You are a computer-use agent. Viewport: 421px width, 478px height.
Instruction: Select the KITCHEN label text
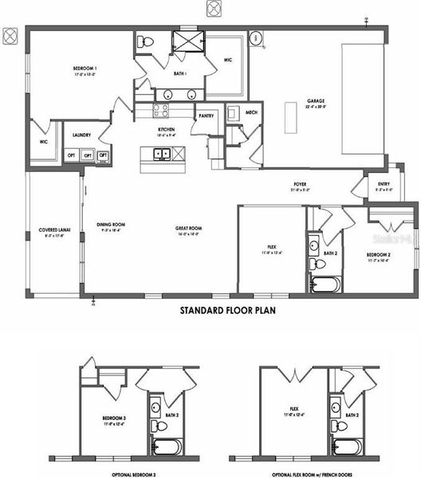[166, 130]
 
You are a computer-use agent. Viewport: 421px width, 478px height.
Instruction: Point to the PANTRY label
[206, 115]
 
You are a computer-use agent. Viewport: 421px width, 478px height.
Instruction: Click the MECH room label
[250, 112]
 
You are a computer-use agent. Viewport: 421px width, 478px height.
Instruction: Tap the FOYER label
[300, 185]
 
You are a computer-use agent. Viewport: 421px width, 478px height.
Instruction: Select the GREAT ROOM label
[187, 229]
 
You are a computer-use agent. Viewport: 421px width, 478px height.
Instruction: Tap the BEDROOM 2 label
[378, 254]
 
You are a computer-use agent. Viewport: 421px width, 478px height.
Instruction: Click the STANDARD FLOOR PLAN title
[226, 312]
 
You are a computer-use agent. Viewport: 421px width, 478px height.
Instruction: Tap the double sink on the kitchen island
[162, 154]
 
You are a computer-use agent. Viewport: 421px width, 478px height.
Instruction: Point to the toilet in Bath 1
[148, 41]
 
